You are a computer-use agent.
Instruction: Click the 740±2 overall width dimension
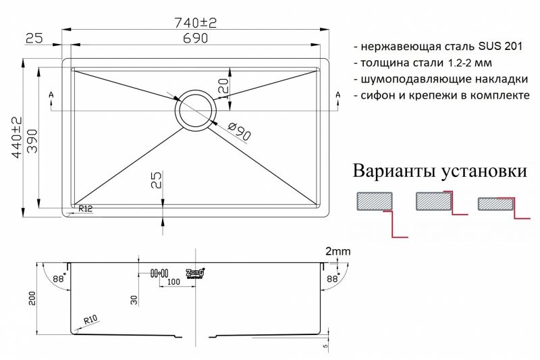point(196,22)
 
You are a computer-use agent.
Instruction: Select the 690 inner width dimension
point(196,39)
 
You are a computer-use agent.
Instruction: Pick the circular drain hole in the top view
point(196,110)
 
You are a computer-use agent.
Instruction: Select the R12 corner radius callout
point(85,209)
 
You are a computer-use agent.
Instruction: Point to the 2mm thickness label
point(338,252)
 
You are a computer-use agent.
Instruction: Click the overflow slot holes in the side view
point(159,273)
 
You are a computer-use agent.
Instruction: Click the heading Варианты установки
point(439,171)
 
